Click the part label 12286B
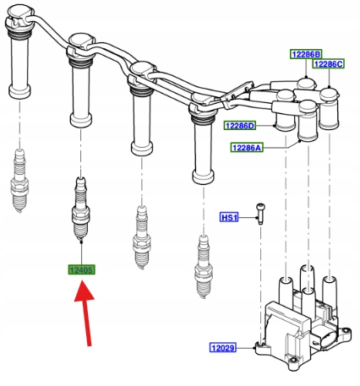tap(306, 54)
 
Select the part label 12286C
tap(329, 64)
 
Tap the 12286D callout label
tap(240, 126)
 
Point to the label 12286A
tap(247, 147)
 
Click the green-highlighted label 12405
tap(81, 270)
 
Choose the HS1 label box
tap(229, 217)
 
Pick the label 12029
tap(223, 348)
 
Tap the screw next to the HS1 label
tap(260, 214)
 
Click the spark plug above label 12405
tap(81, 209)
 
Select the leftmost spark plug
tap(19, 181)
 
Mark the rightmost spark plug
tap(204, 266)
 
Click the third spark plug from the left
tap(142, 237)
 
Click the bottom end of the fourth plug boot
tap(203, 177)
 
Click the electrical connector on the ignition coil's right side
tap(328, 340)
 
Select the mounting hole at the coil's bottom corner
tap(293, 360)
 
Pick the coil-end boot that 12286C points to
tap(329, 108)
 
